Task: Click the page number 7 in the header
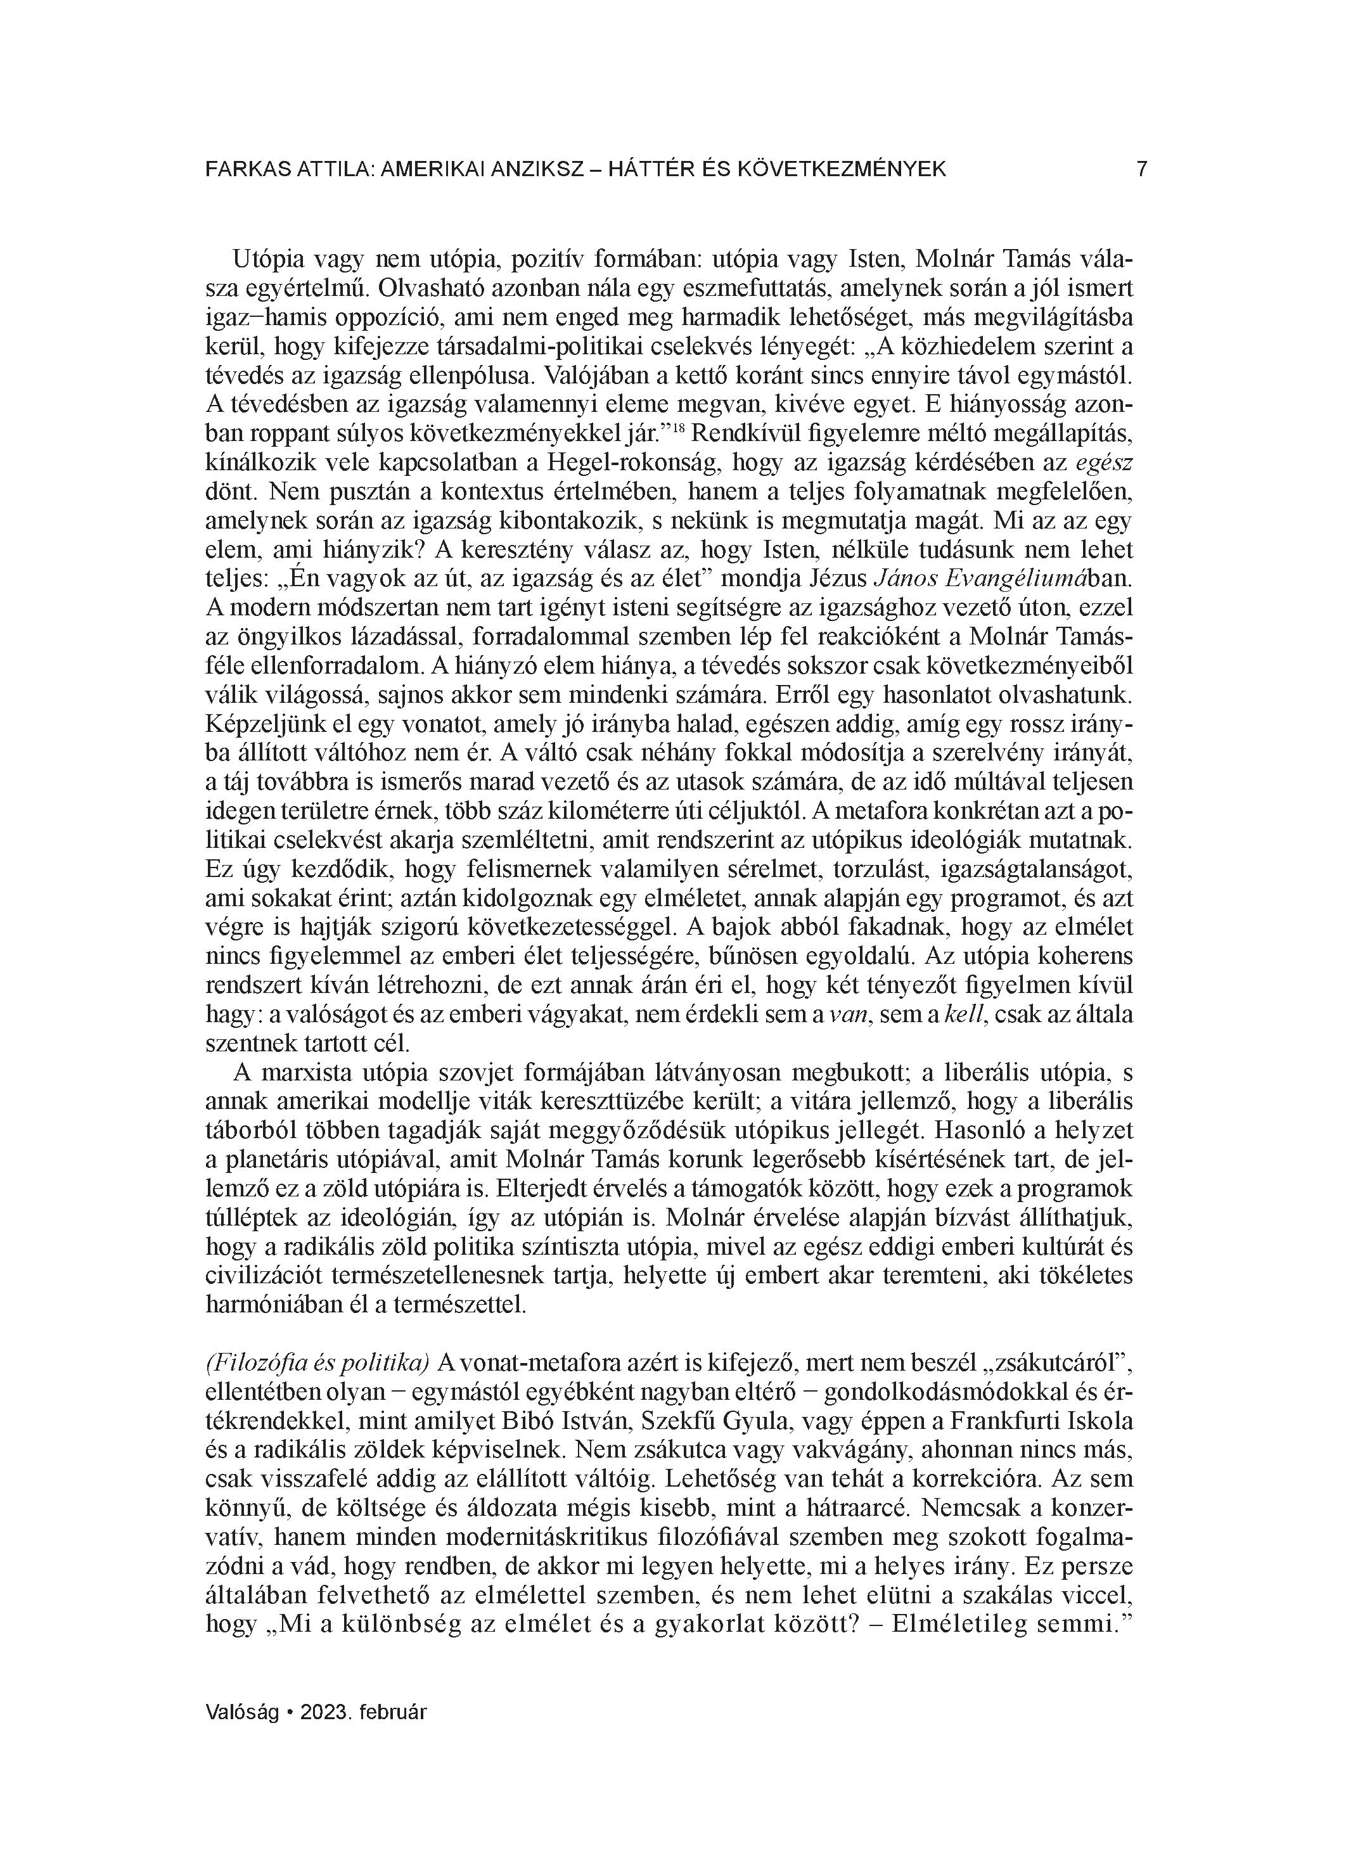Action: tap(1141, 169)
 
